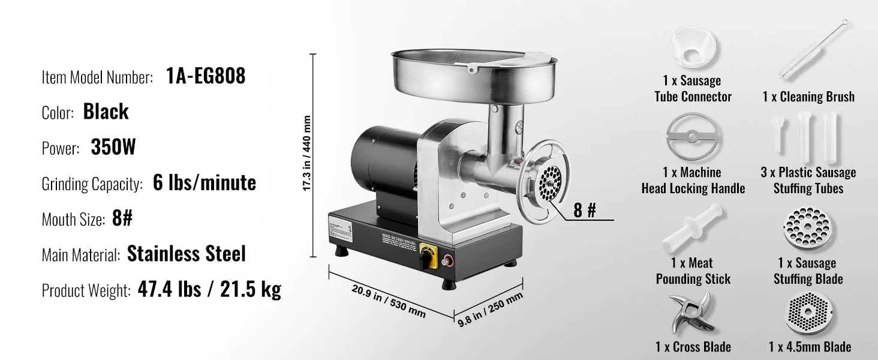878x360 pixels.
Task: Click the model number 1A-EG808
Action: (205, 76)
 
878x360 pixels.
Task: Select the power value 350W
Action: (113, 148)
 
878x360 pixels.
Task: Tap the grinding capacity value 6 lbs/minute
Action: (204, 183)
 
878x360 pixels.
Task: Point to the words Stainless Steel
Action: (187, 254)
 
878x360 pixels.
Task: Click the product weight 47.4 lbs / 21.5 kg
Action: (209, 290)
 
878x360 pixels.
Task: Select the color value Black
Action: (106, 112)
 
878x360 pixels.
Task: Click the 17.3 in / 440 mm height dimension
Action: (306, 154)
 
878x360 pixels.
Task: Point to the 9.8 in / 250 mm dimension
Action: (490, 308)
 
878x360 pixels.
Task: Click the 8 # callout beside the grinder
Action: (584, 211)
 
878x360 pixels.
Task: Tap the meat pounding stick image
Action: (693, 228)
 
